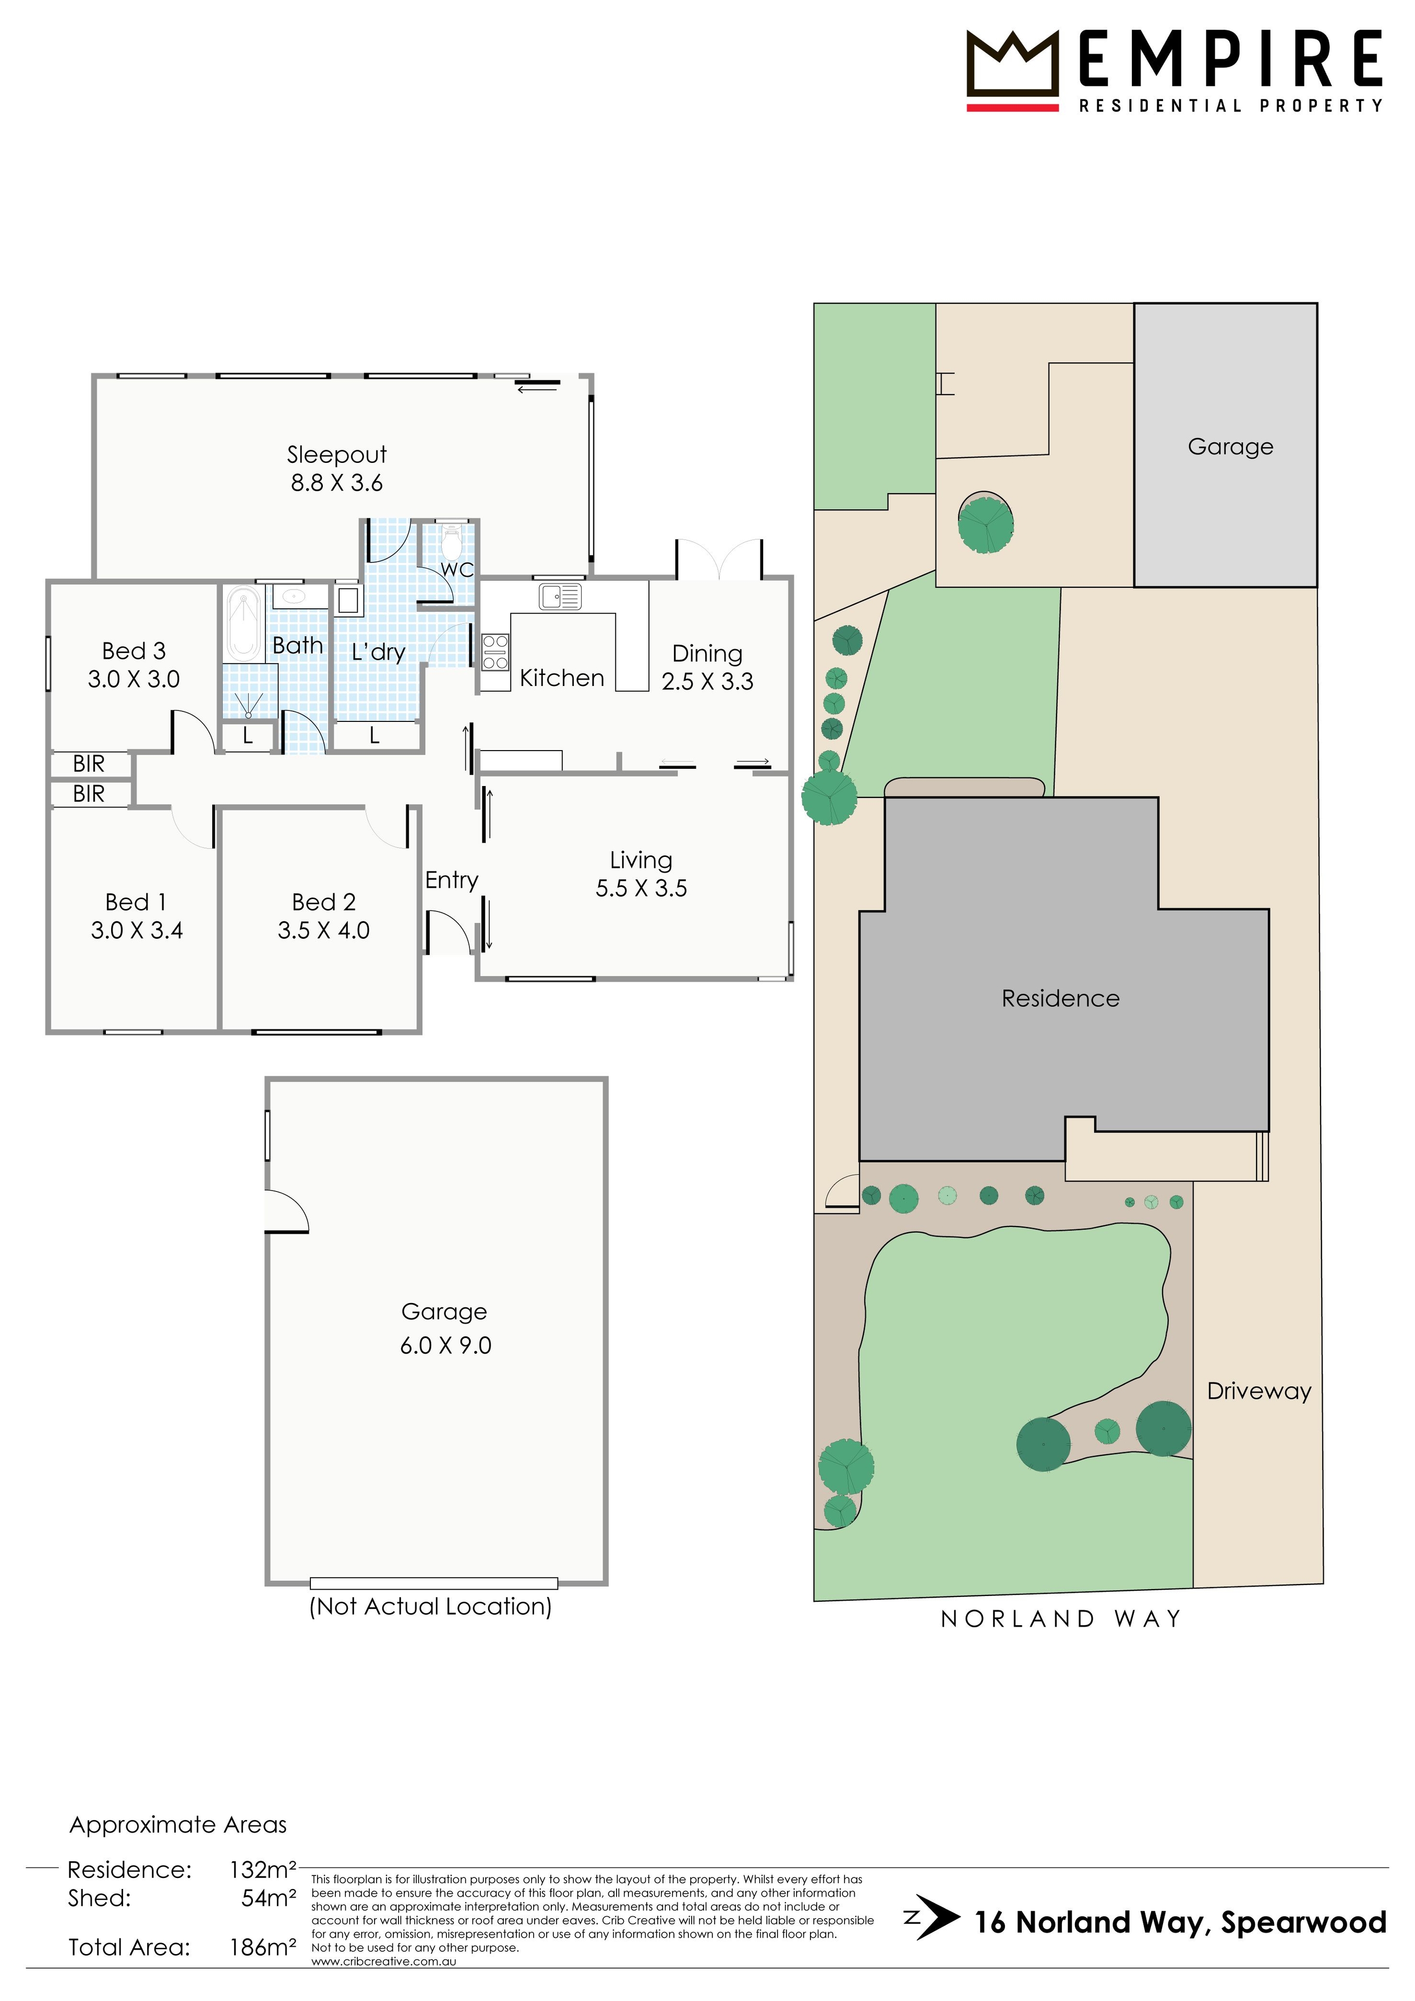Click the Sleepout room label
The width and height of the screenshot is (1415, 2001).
(336, 455)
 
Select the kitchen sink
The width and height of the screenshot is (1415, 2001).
(560, 596)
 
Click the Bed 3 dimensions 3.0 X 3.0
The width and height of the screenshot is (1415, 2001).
(134, 680)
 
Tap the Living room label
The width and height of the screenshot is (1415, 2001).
(641, 860)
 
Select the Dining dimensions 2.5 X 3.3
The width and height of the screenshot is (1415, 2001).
(707, 682)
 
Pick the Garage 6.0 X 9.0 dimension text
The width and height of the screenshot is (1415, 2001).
(445, 1346)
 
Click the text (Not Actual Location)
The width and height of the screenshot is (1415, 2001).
(431, 1606)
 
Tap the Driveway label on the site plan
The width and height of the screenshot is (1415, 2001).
(1259, 1391)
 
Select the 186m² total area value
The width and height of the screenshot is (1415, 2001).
(262, 1947)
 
